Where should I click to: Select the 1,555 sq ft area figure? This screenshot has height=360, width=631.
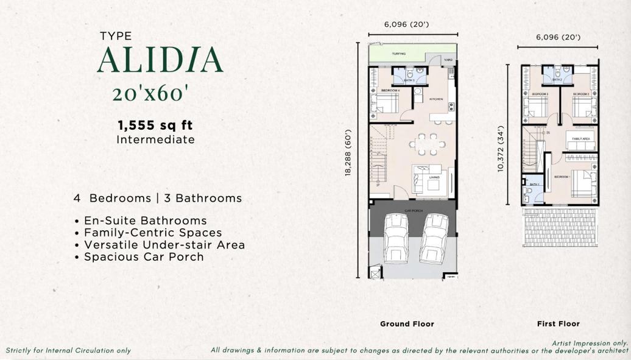[155, 125]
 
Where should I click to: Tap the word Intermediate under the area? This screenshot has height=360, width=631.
[155, 139]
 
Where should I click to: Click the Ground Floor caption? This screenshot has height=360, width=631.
[407, 324]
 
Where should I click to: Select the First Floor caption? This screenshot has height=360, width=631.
[558, 324]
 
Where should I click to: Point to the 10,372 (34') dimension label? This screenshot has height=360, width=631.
[501, 149]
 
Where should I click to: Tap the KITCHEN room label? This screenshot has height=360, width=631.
[435, 99]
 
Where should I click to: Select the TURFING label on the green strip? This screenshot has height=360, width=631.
[399, 54]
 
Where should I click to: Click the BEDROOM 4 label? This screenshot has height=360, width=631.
[390, 90]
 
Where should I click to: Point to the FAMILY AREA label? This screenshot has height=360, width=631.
[580, 139]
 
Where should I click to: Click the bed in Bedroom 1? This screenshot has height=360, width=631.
[583, 182]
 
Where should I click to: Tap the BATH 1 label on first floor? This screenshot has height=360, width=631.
[534, 185]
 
